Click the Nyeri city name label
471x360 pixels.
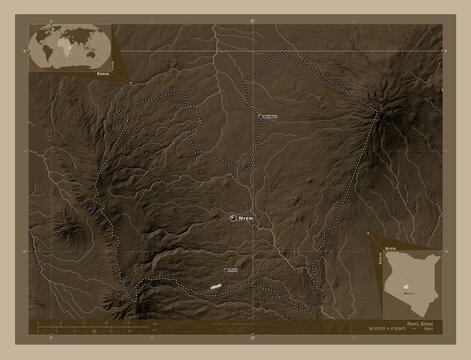click(x=247, y=217)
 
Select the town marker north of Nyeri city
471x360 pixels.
click(x=259, y=118)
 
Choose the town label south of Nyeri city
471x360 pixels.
click(x=232, y=270)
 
